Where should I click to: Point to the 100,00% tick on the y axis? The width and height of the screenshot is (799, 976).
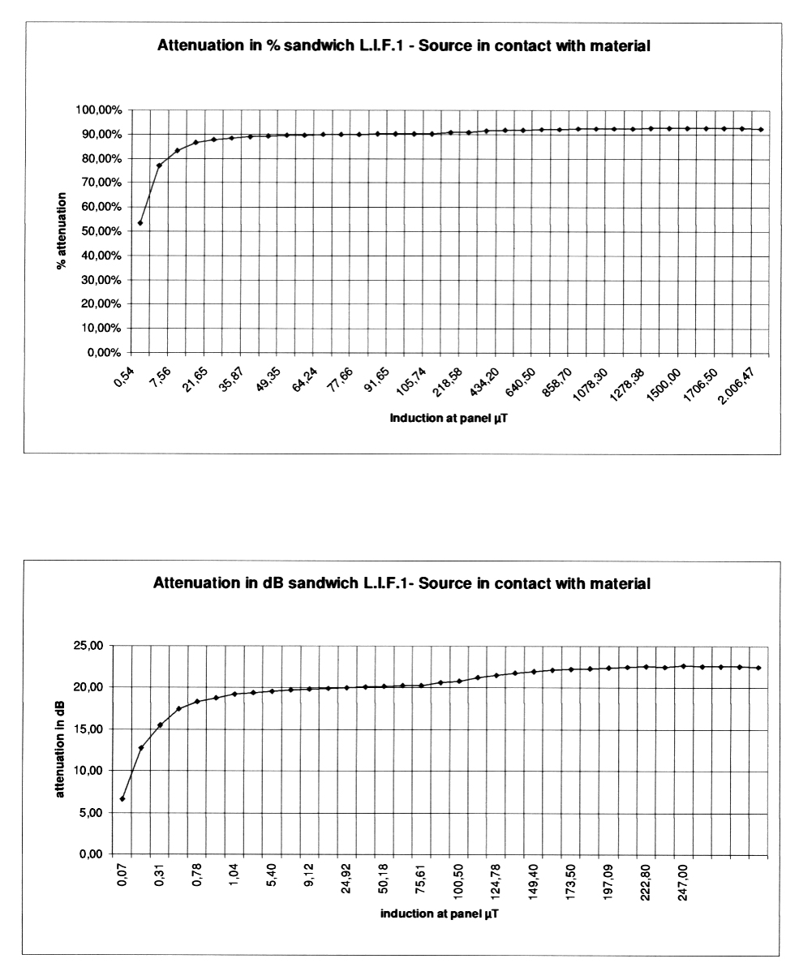coord(98,110)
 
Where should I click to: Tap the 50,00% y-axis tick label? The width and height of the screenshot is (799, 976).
coord(101,231)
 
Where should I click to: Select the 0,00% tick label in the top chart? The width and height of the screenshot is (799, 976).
coord(104,353)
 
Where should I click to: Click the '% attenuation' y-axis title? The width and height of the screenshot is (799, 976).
coord(61,230)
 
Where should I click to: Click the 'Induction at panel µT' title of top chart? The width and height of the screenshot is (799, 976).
coord(449,418)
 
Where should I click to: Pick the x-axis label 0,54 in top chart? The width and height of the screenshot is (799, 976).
coord(124,377)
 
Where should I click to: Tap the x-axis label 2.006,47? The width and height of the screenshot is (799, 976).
coord(737,386)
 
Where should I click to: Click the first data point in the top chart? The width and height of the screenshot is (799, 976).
coord(140,223)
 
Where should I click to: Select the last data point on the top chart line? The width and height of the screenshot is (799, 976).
coord(761,130)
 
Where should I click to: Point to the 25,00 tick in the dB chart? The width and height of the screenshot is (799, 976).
coord(88,646)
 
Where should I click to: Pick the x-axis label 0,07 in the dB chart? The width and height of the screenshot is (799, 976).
coord(122,875)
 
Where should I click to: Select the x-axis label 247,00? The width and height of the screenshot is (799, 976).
coord(683,882)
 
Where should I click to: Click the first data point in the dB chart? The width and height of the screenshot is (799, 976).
coord(122,799)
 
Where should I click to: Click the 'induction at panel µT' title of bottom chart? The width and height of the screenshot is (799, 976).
coord(439,913)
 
